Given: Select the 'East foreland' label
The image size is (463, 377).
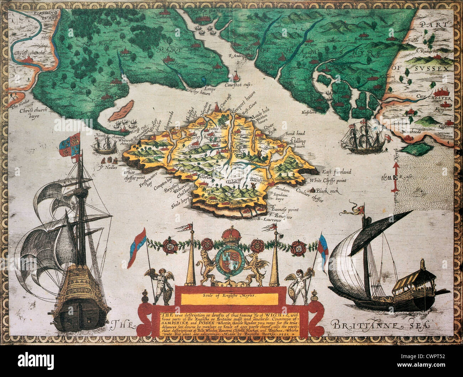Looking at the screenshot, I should [337, 172].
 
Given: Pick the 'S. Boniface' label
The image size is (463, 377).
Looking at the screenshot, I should [281, 215].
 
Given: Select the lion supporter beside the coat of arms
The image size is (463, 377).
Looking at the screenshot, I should [207, 265].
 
